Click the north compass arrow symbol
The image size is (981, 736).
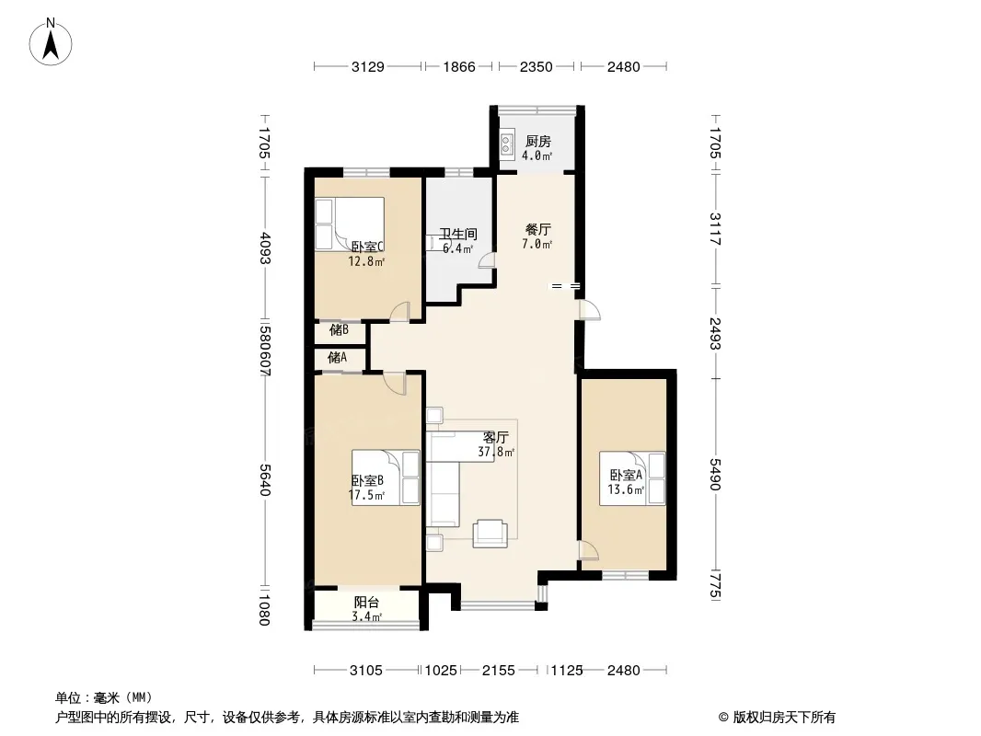pyautogui.click(x=51, y=42)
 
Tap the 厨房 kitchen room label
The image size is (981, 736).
pyautogui.click(x=538, y=142)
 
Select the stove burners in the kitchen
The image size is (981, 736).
pyautogui.click(x=507, y=145)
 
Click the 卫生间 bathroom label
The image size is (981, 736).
pyautogui.click(x=458, y=235)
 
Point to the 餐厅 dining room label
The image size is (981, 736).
pyautogui.click(x=538, y=229)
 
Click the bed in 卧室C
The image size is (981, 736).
pyautogui.click(x=349, y=224)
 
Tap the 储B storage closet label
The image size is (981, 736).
pyautogui.click(x=339, y=329)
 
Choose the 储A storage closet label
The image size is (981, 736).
pyautogui.click(x=337, y=357)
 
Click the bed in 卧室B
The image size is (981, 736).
pyautogui.click(x=386, y=477)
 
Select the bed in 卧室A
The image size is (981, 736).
pyautogui.click(x=632, y=477)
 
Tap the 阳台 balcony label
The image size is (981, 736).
pyautogui.click(x=366, y=603)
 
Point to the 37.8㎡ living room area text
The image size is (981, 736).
pyautogui.click(x=496, y=452)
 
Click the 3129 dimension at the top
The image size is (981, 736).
pyautogui.click(x=368, y=66)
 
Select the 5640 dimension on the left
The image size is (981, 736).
pyautogui.click(x=265, y=479)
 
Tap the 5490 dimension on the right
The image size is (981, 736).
pyautogui.click(x=716, y=475)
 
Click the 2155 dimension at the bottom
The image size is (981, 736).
pyautogui.click(x=499, y=671)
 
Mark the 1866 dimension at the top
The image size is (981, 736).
pyautogui.click(x=459, y=66)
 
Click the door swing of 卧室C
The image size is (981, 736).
pyautogui.click(x=399, y=312)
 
